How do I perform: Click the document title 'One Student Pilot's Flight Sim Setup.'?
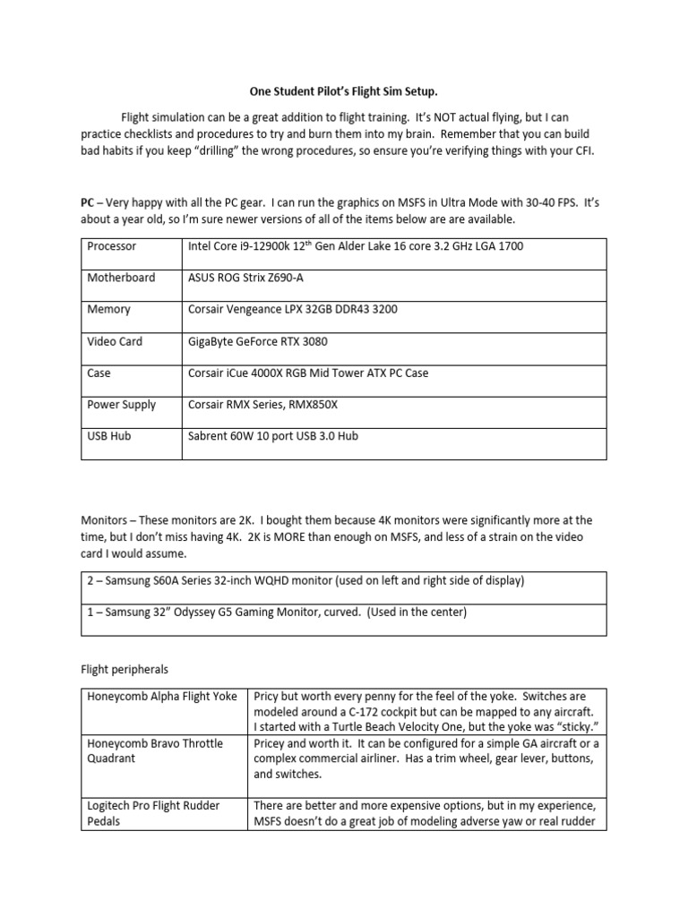344,90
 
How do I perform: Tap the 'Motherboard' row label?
121,278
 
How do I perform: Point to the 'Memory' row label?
108,309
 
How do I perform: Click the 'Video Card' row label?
115,341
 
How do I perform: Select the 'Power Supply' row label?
122,405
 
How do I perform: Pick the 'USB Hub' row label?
109,436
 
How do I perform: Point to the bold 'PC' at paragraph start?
88,202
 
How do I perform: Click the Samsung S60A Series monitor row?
303,581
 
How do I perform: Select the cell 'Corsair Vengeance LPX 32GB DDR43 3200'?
292,309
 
